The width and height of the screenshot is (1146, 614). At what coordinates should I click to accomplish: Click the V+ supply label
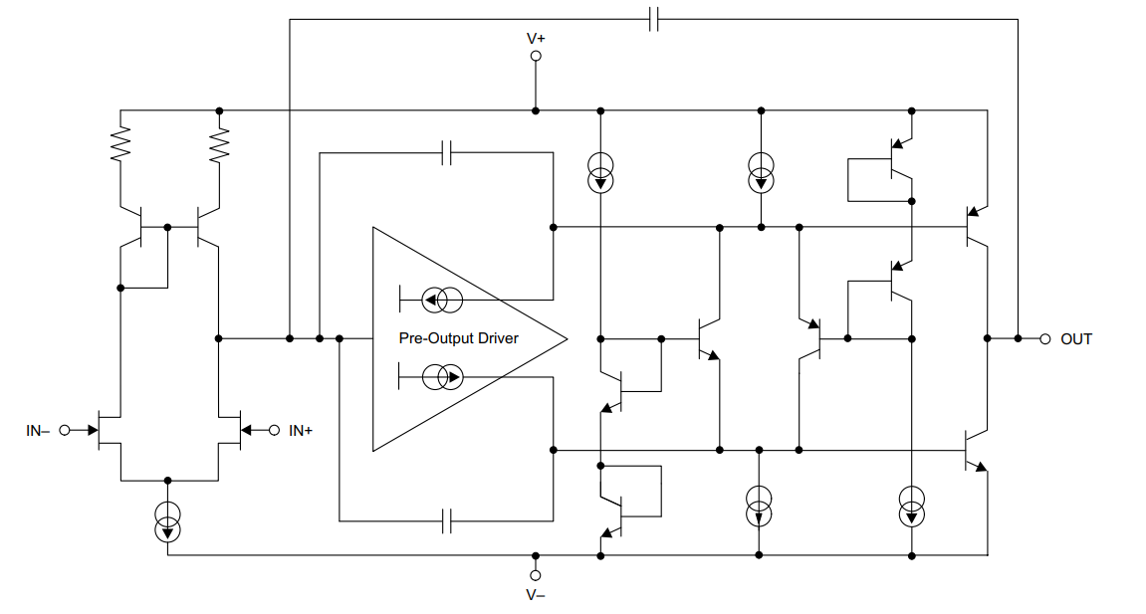pyautogui.click(x=536, y=38)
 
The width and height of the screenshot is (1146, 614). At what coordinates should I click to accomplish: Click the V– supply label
pyautogui.click(x=536, y=595)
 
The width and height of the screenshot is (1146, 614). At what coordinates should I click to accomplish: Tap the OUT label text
pyautogui.click(x=1076, y=339)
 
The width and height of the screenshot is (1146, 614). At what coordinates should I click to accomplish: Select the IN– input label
pyautogui.click(x=38, y=431)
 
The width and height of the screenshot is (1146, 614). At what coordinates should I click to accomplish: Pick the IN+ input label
pyautogui.click(x=301, y=431)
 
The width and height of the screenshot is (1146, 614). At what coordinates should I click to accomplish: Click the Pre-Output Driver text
pyautogui.click(x=458, y=338)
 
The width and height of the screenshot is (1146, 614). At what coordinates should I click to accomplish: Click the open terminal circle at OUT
pyautogui.click(x=1045, y=338)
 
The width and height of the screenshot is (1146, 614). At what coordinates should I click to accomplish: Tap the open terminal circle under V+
pyautogui.click(x=536, y=56)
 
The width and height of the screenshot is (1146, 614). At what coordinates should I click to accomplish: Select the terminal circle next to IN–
pyautogui.click(x=65, y=430)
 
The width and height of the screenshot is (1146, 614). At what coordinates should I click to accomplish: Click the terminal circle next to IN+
pyautogui.click(x=274, y=430)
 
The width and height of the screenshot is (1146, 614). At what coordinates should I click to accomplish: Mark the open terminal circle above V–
pyautogui.click(x=536, y=575)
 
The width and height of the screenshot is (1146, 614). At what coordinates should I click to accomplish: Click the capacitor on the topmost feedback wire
pyautogui.click(x=653, y=19)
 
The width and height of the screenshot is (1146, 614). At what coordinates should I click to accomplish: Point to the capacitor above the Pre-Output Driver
pyautogui.click(x=447, y=152)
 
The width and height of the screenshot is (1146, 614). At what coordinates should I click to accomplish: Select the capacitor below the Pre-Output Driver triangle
pyautogui.click(x=447, y=521)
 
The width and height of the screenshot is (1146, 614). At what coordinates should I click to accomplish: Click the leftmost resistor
pyautogui.click(x=120, y=144)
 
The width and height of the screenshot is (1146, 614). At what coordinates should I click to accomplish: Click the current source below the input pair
pyautogui.click(x=168, y=521)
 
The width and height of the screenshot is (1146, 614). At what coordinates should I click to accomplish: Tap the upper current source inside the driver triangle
pyautogui.click(x=442, y=300)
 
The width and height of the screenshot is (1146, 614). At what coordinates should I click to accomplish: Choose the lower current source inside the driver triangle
pyautogui.click(x=442, y=377)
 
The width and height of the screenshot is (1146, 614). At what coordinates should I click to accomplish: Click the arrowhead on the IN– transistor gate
pyautogui.click(x=93, y=430)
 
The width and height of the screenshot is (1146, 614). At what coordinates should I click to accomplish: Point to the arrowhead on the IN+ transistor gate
pyautogui.click(x=246, y=430)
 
